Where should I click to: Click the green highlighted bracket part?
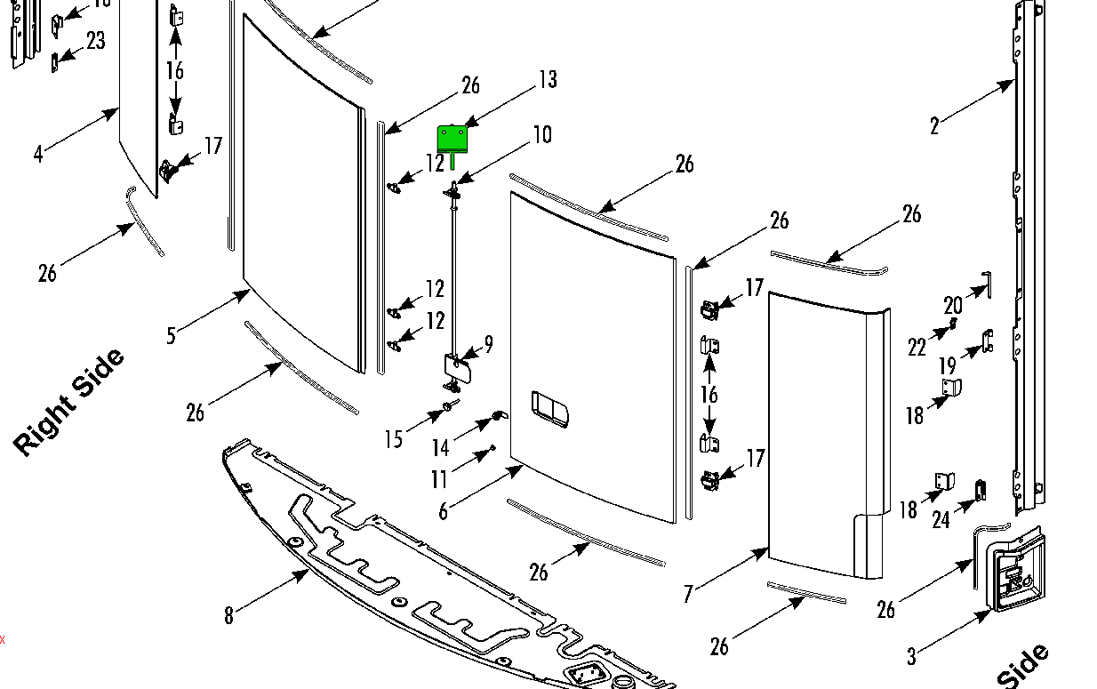[452, 139]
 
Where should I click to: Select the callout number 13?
[548, 80]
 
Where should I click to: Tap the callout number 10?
[541, 135]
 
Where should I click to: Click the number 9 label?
[488, 344]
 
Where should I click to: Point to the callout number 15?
[394, 439]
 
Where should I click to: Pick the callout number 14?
[441, 448]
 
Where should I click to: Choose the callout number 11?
[439, 480]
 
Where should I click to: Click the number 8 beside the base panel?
[228, 615]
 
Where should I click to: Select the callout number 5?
[171, 335]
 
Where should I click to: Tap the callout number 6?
[443, 511]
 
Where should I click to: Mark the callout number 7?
[688, 594]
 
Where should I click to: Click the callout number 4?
[37, 154]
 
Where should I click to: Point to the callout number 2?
[934, 126]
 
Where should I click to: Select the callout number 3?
[911, 657]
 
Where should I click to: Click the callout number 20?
[953, 306]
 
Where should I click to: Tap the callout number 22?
[917, 348]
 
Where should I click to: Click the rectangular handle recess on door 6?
[553, 408]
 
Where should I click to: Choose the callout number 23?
[95, 41]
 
